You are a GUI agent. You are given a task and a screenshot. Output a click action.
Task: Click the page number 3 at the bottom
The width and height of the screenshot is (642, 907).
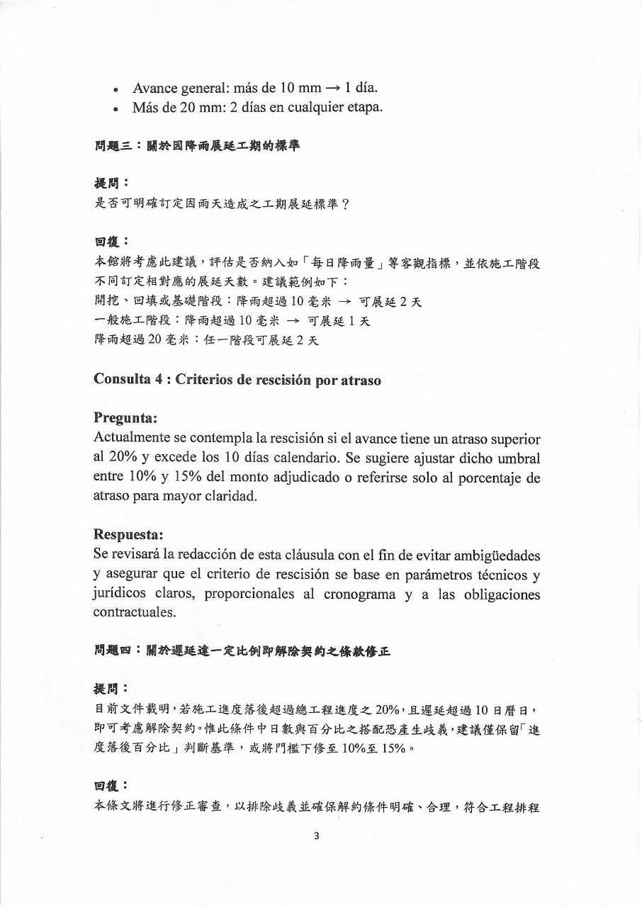[x=316, y=835]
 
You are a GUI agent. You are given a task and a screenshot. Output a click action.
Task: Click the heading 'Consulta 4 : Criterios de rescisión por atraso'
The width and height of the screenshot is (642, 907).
[x=237, y=380]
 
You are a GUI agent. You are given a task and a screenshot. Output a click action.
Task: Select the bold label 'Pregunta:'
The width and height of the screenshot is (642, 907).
[x=125, y=418]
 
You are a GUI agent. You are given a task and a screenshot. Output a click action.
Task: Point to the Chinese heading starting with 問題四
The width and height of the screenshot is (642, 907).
[x=241, y=650]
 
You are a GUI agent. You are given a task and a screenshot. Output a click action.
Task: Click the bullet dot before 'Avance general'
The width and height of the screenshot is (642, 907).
[x=116, y=91]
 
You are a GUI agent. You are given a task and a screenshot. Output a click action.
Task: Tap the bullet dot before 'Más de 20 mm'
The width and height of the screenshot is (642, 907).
[x=116, y=109]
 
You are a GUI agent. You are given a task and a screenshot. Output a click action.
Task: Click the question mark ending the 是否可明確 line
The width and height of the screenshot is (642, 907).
[x=345, y=204]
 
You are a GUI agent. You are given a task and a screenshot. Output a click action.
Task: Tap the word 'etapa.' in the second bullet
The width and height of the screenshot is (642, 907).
[x=364, y=108]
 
